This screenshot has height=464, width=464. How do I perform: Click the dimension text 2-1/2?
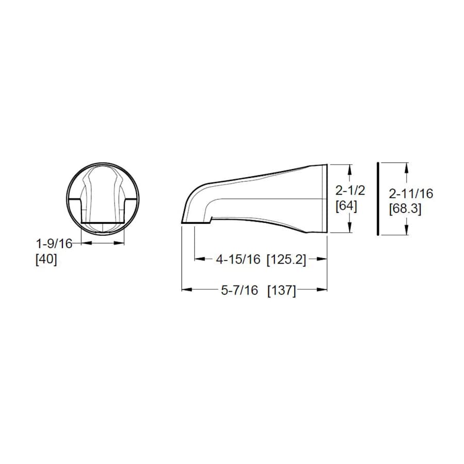[350, 190]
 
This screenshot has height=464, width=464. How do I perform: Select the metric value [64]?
[346, 206]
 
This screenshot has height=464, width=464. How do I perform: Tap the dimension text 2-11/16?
[411, 194]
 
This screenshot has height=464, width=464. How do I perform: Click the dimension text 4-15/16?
[238, 260]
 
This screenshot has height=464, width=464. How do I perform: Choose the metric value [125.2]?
[286, 260]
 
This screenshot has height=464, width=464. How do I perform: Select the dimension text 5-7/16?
[239, 290]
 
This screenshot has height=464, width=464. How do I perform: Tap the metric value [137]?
[281, 290]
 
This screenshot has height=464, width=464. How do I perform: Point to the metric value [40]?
[46, 259]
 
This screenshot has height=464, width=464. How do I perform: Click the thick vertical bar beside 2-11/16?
[378, 198]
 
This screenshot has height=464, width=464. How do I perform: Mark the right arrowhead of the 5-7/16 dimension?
[323, 290]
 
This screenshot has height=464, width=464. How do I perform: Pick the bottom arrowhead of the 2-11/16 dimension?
[407, 230]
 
